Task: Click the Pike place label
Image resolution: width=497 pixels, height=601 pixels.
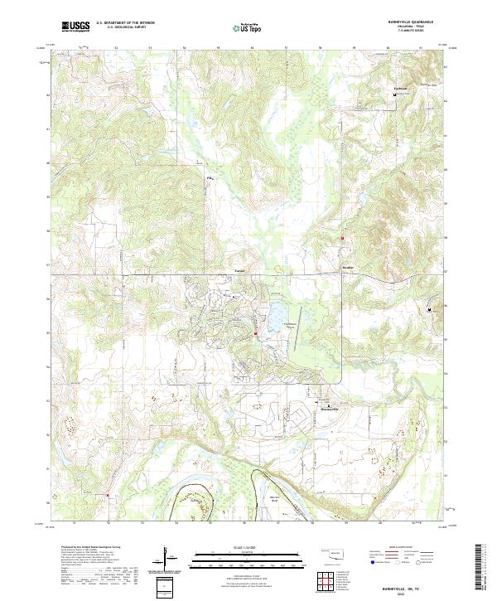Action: point(210,177)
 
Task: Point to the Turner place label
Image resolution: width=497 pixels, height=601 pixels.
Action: point(240,271)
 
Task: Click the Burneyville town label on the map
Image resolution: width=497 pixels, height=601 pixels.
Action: point(331,409)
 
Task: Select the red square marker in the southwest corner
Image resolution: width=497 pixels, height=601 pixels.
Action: point(108,496)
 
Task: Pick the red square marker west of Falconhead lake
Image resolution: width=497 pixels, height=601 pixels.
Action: point(255,334)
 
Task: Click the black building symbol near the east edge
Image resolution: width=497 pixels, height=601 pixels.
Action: point(429,310)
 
